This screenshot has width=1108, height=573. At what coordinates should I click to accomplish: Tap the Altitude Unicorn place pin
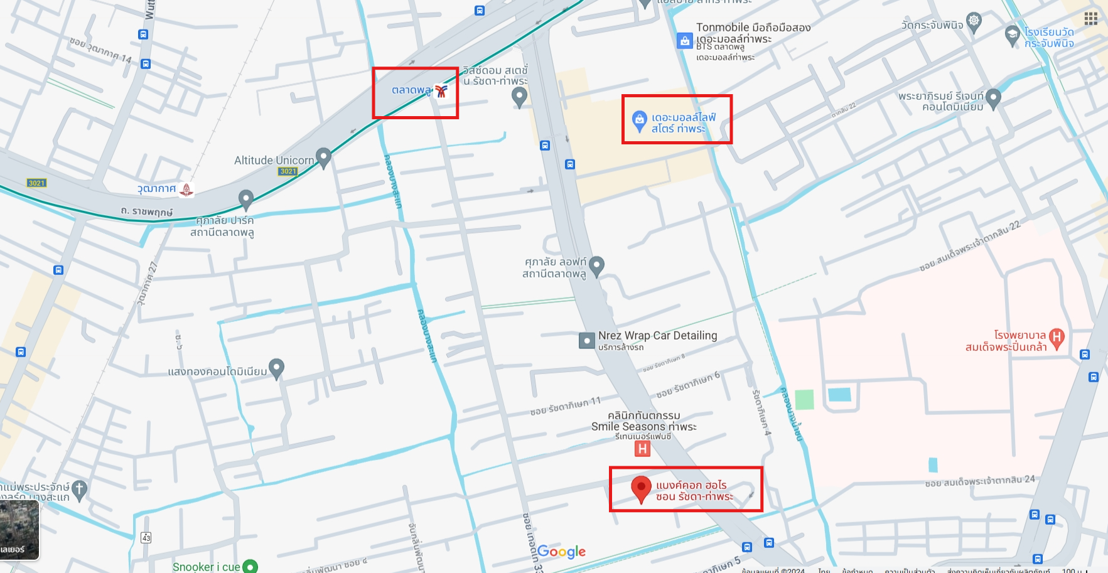323,158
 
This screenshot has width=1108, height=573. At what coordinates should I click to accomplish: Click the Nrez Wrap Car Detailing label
657,336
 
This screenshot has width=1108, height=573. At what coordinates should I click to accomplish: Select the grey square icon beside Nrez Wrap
586,341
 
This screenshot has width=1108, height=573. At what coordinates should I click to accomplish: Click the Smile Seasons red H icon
642,449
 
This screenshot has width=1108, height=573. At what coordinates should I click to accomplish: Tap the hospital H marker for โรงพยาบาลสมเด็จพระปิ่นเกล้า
1057,338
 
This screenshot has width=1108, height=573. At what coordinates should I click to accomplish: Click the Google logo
561,552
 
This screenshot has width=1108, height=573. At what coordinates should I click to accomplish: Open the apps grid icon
1091,18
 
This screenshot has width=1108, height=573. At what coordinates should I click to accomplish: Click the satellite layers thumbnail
19,530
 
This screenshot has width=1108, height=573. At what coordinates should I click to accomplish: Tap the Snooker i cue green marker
250,566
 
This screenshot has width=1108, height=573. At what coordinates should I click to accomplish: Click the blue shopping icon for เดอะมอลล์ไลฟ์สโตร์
639,120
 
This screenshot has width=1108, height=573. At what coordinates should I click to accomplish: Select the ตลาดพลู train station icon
441,92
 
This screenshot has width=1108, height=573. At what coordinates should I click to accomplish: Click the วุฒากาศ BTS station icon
186,189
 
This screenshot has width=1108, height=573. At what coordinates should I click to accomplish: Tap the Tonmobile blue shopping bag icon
684,41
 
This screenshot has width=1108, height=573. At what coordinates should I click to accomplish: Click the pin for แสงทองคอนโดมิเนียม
276,368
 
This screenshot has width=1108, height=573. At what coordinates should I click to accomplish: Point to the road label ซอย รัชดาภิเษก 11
565,406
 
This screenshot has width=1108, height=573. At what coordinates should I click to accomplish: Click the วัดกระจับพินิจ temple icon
974,21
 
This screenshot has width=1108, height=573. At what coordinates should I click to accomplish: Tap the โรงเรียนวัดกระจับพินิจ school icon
1012,35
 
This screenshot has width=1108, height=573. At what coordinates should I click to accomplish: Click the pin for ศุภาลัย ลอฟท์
596,265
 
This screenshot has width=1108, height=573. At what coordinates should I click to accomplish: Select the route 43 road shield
146,538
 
